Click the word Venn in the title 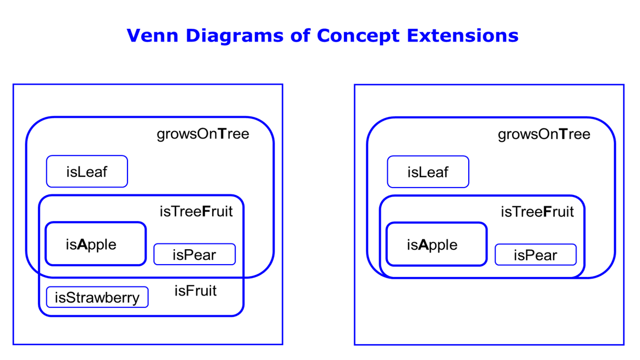tap(153, 35)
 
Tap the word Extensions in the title tap(462, 35)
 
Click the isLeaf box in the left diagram tap(87, 171)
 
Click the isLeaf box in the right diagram tap(428, 171)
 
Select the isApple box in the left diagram tap(95, 244)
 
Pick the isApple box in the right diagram tap(437, 244)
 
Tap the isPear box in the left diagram tap(195, 254)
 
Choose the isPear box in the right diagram tap(535, 255)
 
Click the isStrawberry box tap(97, 297)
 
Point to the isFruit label tap(195, 291)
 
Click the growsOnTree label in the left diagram tap(203, 134)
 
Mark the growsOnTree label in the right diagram tap(544, 134)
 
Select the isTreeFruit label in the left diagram tap(196, 211)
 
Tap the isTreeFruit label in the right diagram tap(537, 211)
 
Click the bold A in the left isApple tap(82, 244)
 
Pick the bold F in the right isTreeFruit tap(547, 211)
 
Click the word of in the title tap(300, 35)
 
